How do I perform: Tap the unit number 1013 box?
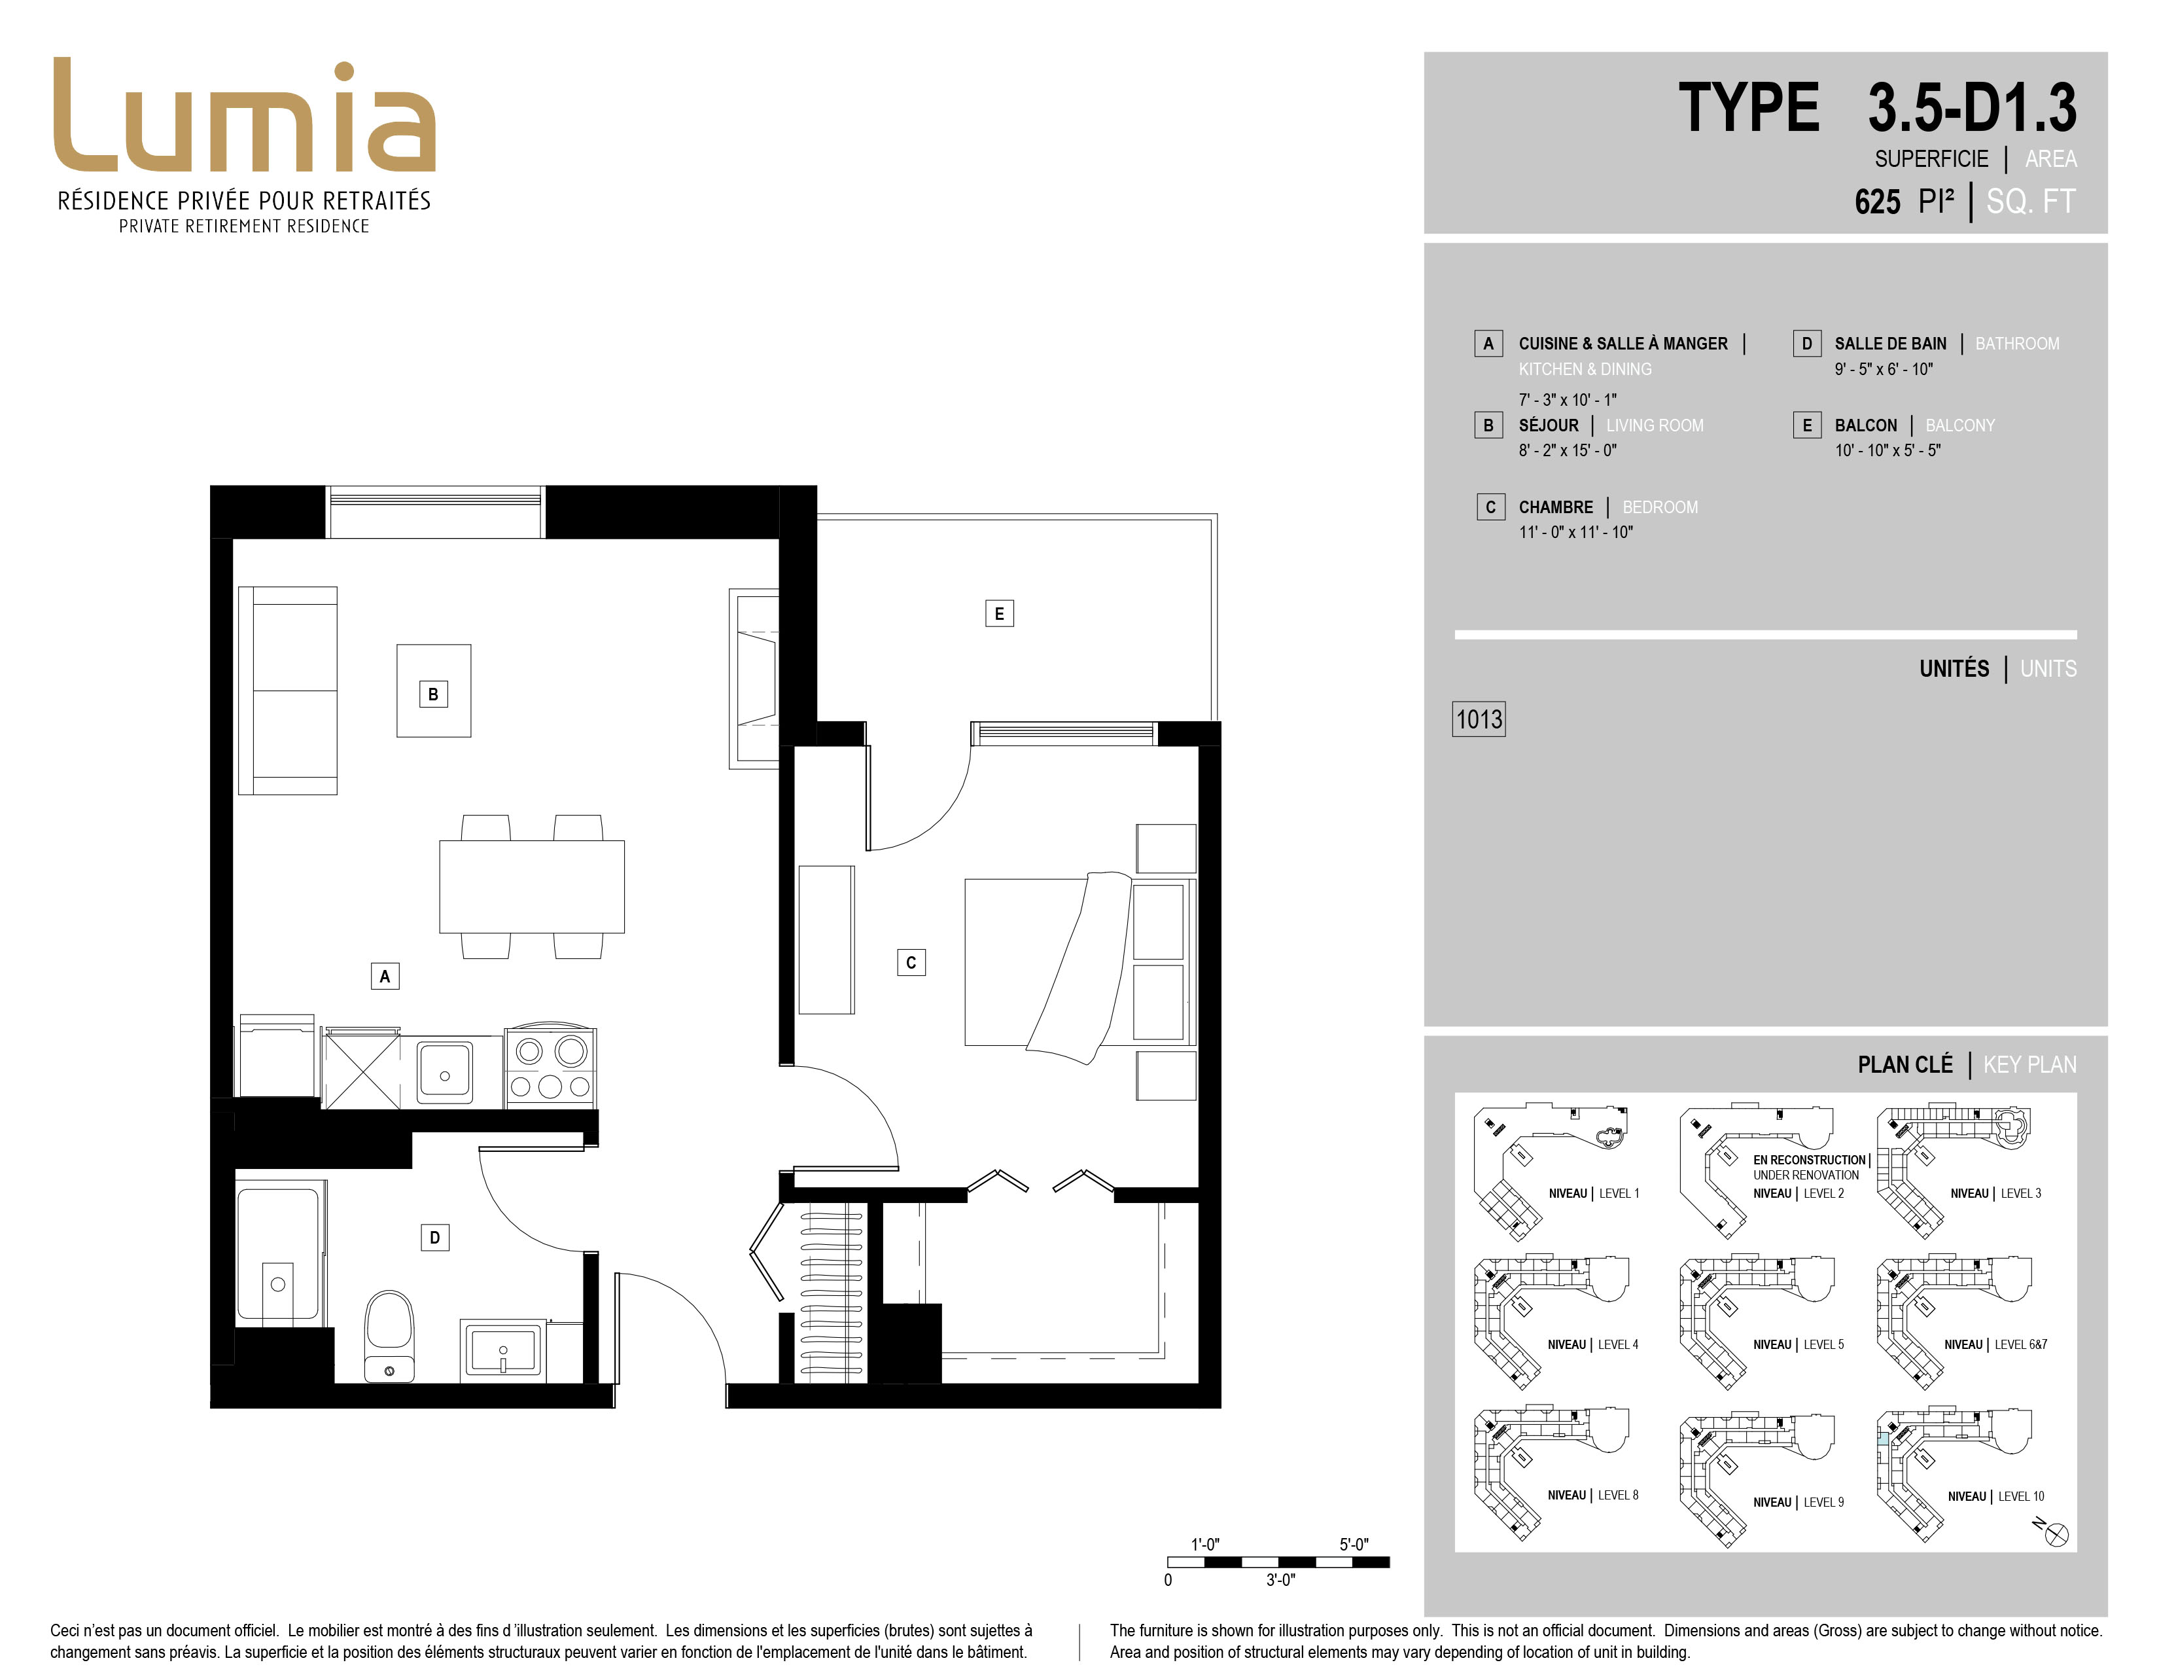[1479, 719]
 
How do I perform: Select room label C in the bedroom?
[911, 962]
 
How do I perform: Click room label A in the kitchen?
[385, 976]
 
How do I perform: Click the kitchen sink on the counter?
[445, 1071]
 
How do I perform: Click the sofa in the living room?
[288, 690]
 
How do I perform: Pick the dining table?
[532, 886]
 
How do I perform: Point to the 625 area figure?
[1877, 202]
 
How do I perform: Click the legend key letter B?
[1488, 425]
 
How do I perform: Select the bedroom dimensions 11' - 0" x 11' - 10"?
[1576, 533]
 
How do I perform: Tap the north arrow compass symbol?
[2055, 1534]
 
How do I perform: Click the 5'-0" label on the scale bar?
[1354, 1543]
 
